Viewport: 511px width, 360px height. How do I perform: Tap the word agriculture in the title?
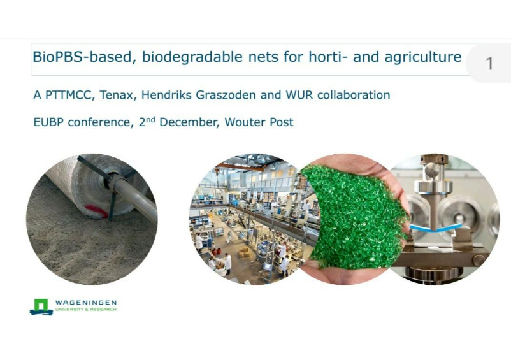(423, 57)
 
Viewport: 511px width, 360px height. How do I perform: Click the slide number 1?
(489, 63)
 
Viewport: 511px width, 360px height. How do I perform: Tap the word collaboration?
(354, 95)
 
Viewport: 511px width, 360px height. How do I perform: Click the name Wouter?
(245, 122)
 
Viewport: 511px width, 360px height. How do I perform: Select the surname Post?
(282, 122)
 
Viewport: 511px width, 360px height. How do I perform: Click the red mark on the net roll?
(96, 211)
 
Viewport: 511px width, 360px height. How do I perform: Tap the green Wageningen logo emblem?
(41, 307)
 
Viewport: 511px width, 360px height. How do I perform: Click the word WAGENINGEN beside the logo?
(86, 303)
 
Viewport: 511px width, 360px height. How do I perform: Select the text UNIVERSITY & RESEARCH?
(86, 310)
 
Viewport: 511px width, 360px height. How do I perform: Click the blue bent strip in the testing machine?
(436, 227)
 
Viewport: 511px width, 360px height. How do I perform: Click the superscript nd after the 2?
(150, 120)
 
